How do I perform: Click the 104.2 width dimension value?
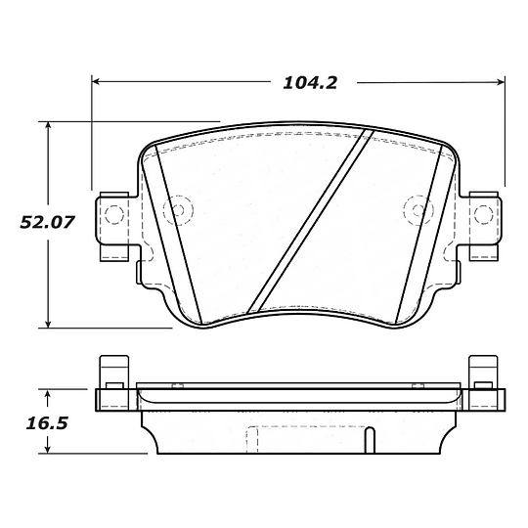pyautogui.click(x=310, y=83)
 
